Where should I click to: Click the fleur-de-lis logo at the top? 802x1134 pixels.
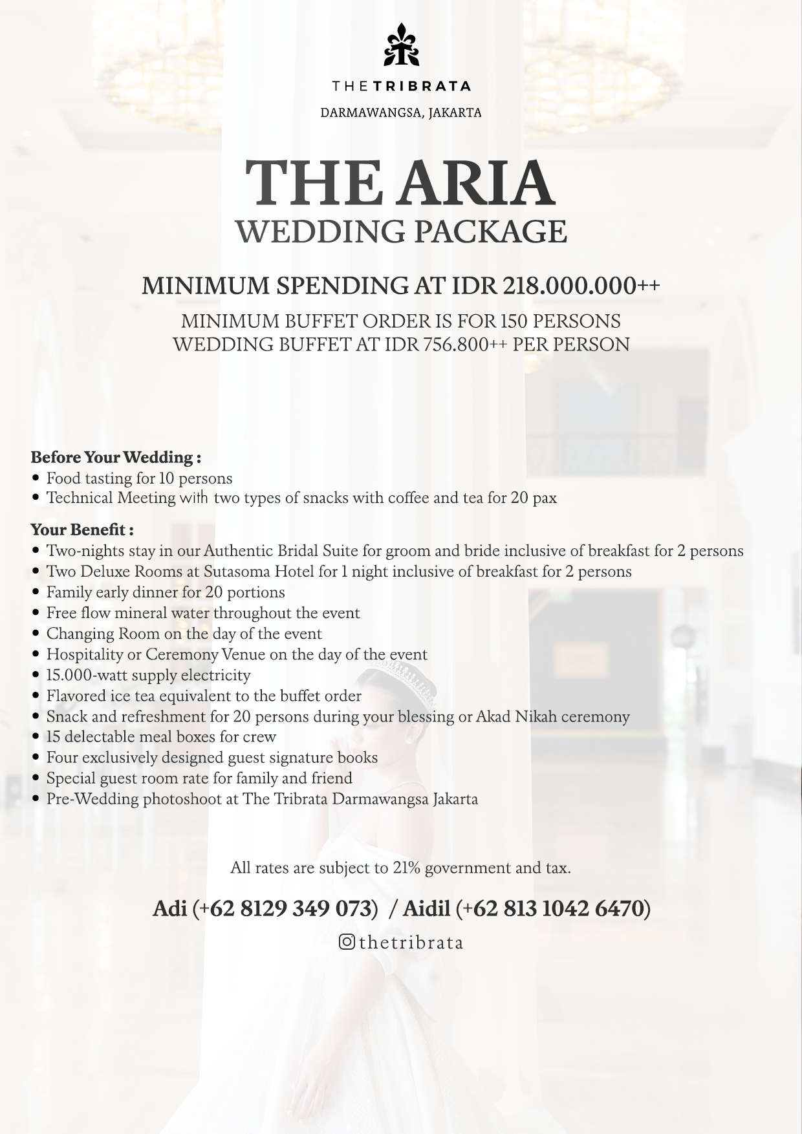(401, 45)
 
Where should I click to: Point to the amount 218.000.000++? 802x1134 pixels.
(581, 285)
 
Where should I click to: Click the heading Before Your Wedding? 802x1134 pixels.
(115, 457)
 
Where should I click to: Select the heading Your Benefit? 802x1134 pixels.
(81, 530)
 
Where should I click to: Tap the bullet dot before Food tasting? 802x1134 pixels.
(36, 478)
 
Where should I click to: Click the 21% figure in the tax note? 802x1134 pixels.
(407, 868)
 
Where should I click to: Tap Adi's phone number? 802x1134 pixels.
(285, 908)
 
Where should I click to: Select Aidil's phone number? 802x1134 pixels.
(553, 908)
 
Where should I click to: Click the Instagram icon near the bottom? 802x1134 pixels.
(347, 942)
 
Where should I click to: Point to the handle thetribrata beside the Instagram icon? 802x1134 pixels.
(411, 942)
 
